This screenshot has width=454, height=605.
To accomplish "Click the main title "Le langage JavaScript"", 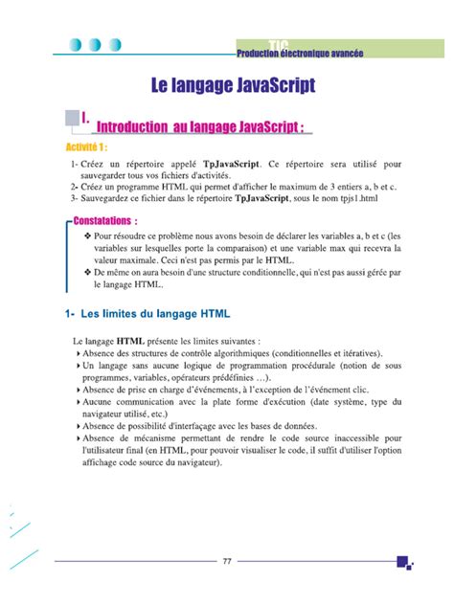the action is click(234, 85).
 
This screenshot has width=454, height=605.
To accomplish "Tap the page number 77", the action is click(227, 561).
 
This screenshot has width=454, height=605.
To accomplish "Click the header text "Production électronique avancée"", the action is click(300, 56).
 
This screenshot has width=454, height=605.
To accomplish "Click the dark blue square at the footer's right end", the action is click(403, 561).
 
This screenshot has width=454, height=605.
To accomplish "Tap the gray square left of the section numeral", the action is click(70, 118).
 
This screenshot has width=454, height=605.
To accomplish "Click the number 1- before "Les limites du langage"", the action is click(70, 313).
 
